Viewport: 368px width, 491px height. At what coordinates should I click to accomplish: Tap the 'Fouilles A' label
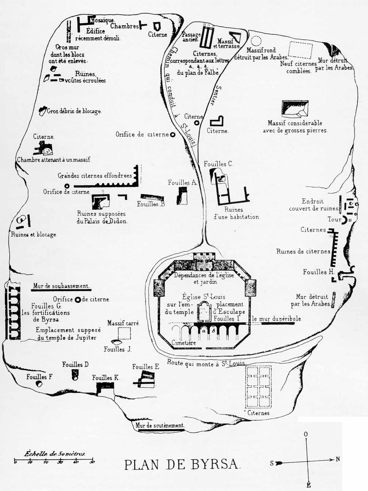(x=182, y=183)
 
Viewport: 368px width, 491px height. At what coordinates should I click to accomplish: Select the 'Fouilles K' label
(x=106, y=378)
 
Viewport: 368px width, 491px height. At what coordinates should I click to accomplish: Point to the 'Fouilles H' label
(x=319, y=272)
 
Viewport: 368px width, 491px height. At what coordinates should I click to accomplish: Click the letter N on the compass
(x=338, y=459)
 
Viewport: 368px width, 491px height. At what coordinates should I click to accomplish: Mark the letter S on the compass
(x=272, y=463)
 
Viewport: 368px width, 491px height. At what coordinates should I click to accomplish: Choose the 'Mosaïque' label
(x=103, y=20)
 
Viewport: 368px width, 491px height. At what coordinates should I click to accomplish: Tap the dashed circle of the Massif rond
(x=256, y=41)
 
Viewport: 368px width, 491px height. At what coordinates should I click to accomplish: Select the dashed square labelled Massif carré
(x=124, y=333)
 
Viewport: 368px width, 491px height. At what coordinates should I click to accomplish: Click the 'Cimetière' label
(x=184, y=343)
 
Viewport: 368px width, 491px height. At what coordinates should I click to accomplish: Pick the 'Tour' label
(x=334, y=219)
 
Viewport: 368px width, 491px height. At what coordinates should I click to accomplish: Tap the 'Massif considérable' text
(x=295, y=123)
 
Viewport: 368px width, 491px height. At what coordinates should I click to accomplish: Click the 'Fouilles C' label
(x=218, y=164)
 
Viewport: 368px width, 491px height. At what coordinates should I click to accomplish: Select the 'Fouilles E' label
(x=146, y=367)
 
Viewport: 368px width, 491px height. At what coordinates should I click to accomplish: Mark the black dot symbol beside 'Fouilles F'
(x=39, y=384)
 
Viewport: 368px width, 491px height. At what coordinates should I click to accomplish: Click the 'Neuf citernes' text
(x=298, y=64)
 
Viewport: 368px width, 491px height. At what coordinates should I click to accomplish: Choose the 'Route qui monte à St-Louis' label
(x=206, y=363)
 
